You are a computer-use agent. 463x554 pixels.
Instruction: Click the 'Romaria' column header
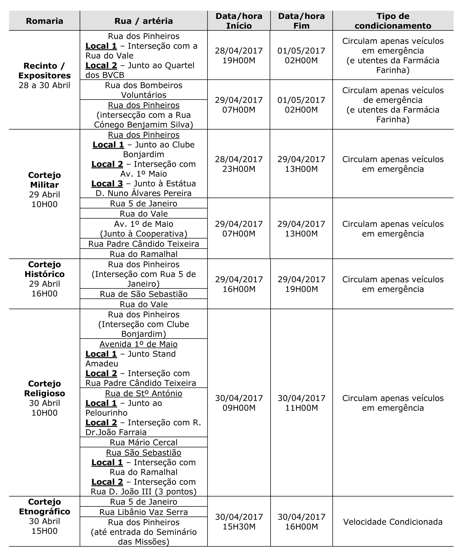tap(44, 21)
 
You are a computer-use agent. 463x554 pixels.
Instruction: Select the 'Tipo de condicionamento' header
tap(393, 21)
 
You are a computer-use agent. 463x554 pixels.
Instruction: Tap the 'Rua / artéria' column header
tap(144, 21)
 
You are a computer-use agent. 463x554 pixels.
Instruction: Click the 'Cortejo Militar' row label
tap(44, 180)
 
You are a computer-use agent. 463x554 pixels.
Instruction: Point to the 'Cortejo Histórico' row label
tap(44, 269)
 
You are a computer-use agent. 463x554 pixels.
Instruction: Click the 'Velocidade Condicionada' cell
tap(393, 522)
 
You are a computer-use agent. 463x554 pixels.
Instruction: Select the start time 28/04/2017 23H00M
tap(239, 164)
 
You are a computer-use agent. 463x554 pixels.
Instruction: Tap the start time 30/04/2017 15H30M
tap(239, 522)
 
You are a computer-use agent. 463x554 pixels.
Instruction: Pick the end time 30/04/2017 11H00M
tap(301, 403)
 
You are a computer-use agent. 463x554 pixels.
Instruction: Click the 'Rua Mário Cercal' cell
tap(144, 442)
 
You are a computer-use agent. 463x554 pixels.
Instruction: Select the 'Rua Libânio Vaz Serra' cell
tap(144, 512)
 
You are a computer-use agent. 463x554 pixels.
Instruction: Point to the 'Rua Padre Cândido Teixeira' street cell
tap(144, 244)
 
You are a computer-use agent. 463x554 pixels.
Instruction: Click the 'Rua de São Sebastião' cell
tap(144, 294)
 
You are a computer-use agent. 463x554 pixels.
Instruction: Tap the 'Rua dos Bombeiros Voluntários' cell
tap(144, 90)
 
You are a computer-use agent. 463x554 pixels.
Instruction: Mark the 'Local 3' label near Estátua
tap(107, 184)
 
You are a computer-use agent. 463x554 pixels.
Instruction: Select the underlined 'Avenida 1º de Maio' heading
tap(138, 344)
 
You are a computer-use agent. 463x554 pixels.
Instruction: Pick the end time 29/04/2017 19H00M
tap(301, 284)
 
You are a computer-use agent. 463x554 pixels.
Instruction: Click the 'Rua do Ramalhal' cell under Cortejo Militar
tap(144, 254)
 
